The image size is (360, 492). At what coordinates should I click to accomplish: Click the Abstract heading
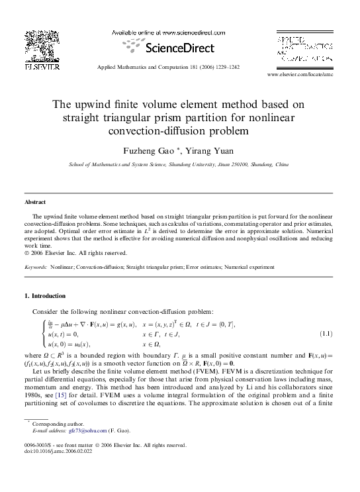pos(35,202)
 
